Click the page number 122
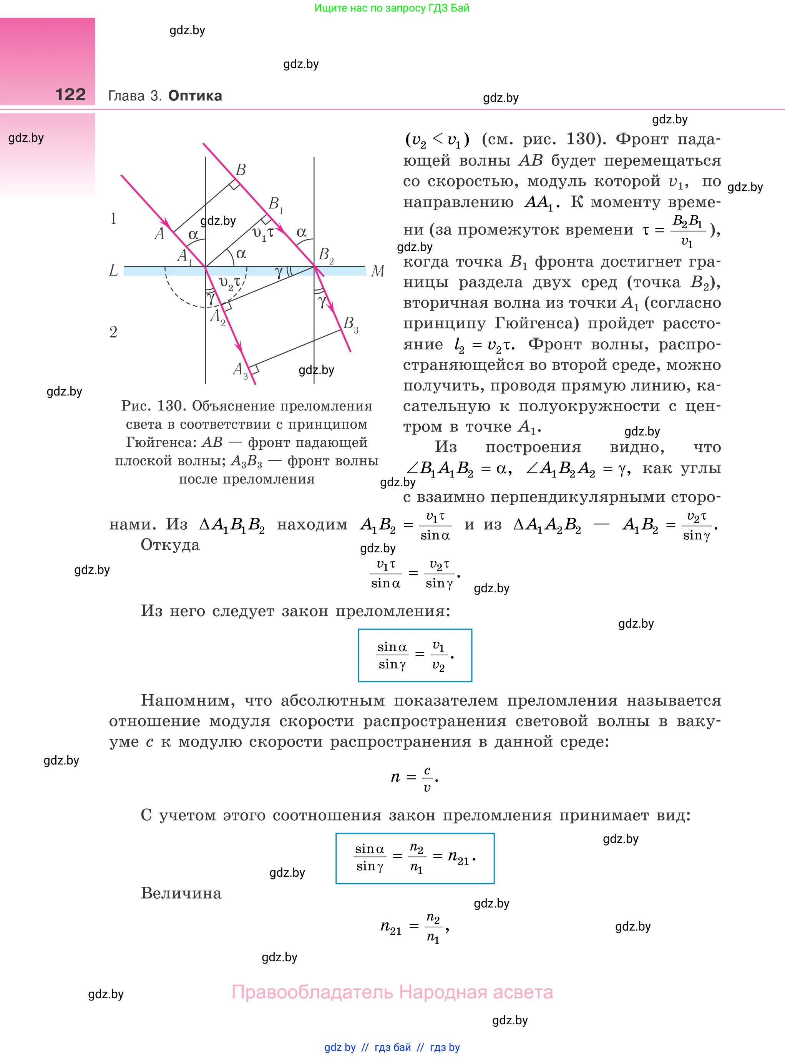click(x=70, y=95)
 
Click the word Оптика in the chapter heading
click(x=195, y=96)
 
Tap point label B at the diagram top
click(x=241, y=170)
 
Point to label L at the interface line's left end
click(x=113, y=271)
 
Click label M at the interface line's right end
click(x=377, y=271)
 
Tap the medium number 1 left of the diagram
click(x=113, y=219)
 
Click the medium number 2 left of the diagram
click(x=113, y=332)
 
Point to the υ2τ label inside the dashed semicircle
click(x=230, y=283)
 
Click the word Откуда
click(x=170, y=545)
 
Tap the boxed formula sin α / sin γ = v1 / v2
click(x=415, y=655)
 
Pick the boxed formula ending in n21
click(x=415, y=858)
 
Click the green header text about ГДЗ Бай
click(x=392, y=8)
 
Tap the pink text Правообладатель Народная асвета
click(x=392, y=992)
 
